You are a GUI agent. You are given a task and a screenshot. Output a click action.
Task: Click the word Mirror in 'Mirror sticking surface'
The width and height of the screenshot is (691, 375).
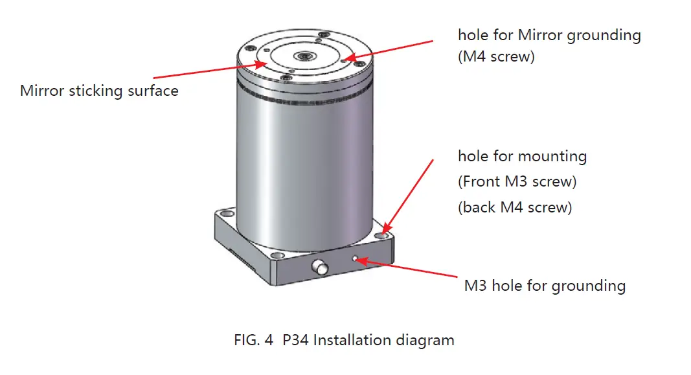click(41, 91)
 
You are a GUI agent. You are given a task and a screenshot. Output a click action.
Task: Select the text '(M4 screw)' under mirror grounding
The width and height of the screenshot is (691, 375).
click(496, 56)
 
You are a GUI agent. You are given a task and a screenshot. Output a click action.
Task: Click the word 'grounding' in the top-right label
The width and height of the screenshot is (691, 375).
click(604, 35)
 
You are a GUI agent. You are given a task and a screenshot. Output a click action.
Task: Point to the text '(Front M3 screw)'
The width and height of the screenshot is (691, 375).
click(517, 182)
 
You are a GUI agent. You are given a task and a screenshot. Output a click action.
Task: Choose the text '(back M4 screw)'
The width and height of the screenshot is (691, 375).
click(515, 207)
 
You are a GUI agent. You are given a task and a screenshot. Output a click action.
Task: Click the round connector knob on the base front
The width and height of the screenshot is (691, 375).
click(319, 267)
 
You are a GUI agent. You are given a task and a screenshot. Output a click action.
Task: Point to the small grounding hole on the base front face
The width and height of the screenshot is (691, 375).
click(356, 259)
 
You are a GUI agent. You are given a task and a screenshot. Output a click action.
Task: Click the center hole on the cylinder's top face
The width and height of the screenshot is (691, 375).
click(303, 57)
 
